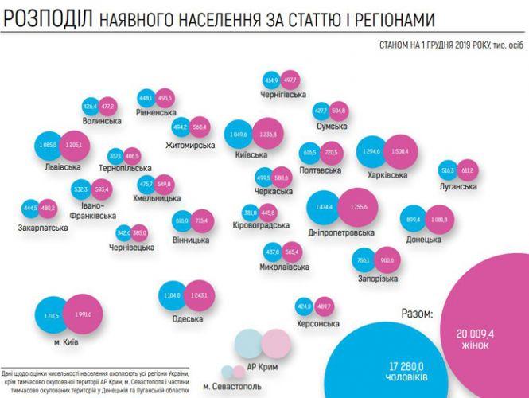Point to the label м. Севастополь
(x=231, y=386)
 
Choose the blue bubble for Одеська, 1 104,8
(x=173, y=295)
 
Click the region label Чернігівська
(x=284, y=95)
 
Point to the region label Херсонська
(x=317, y=324)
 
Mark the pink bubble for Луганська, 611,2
(x=468, y=170)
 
